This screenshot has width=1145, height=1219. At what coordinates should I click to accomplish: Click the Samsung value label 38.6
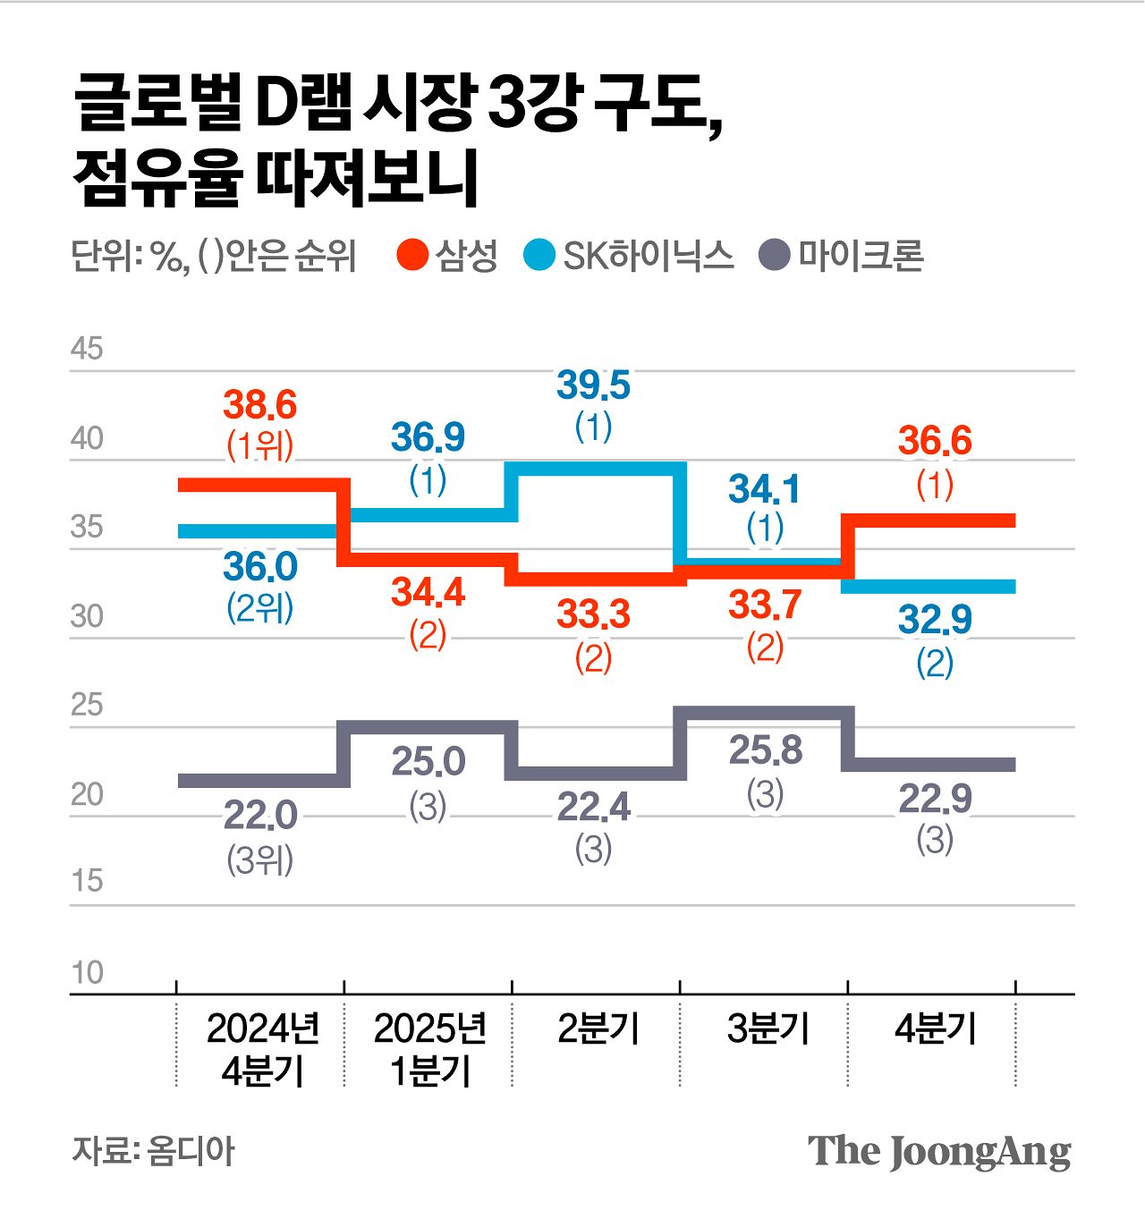pyautogui.click(x=259, y=405)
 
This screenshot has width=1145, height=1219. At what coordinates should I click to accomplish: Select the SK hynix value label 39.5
pyautogui.click(x=593, y=385)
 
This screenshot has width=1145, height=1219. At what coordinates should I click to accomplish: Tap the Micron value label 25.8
pyautogui.click(x=765, y=750)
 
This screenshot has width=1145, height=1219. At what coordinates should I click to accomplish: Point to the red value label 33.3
pyautogui.click(x=593, y=614)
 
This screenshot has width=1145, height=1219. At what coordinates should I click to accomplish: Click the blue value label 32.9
pyautogui.click(x=935, y=619)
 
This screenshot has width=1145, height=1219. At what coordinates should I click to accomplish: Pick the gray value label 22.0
pyautogui.click(x=259, y=816)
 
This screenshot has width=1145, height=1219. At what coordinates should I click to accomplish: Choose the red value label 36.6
pyautogui.click(x=935, y=441)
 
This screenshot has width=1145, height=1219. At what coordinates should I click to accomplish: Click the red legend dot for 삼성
pyautogui.click(x=413, y=256)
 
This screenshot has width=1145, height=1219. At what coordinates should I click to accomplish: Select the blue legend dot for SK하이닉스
pyautogui.click(x=539, y=256)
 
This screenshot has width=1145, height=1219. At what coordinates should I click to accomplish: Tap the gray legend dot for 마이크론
pyautogui.click(x=775, y=256)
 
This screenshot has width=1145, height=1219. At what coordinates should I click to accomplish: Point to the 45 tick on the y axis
pyautogui.click(x=87, y=349)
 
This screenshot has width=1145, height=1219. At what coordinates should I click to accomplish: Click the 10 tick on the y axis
pyautogui.click(x=87, y=973)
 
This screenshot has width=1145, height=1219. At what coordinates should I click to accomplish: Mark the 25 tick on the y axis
pyautogui.click(x=87, y=706)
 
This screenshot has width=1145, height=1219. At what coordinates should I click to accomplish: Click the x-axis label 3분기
pyautogui.click(x=767, y=1029)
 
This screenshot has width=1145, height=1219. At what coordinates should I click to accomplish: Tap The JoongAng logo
pyautogui.click(x=938, y=1151)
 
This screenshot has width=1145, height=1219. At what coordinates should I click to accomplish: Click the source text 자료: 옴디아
pyautogui.click(x=153, y=1151)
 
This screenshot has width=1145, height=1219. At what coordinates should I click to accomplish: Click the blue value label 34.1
pyautogui.click(x=765, y=489)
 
